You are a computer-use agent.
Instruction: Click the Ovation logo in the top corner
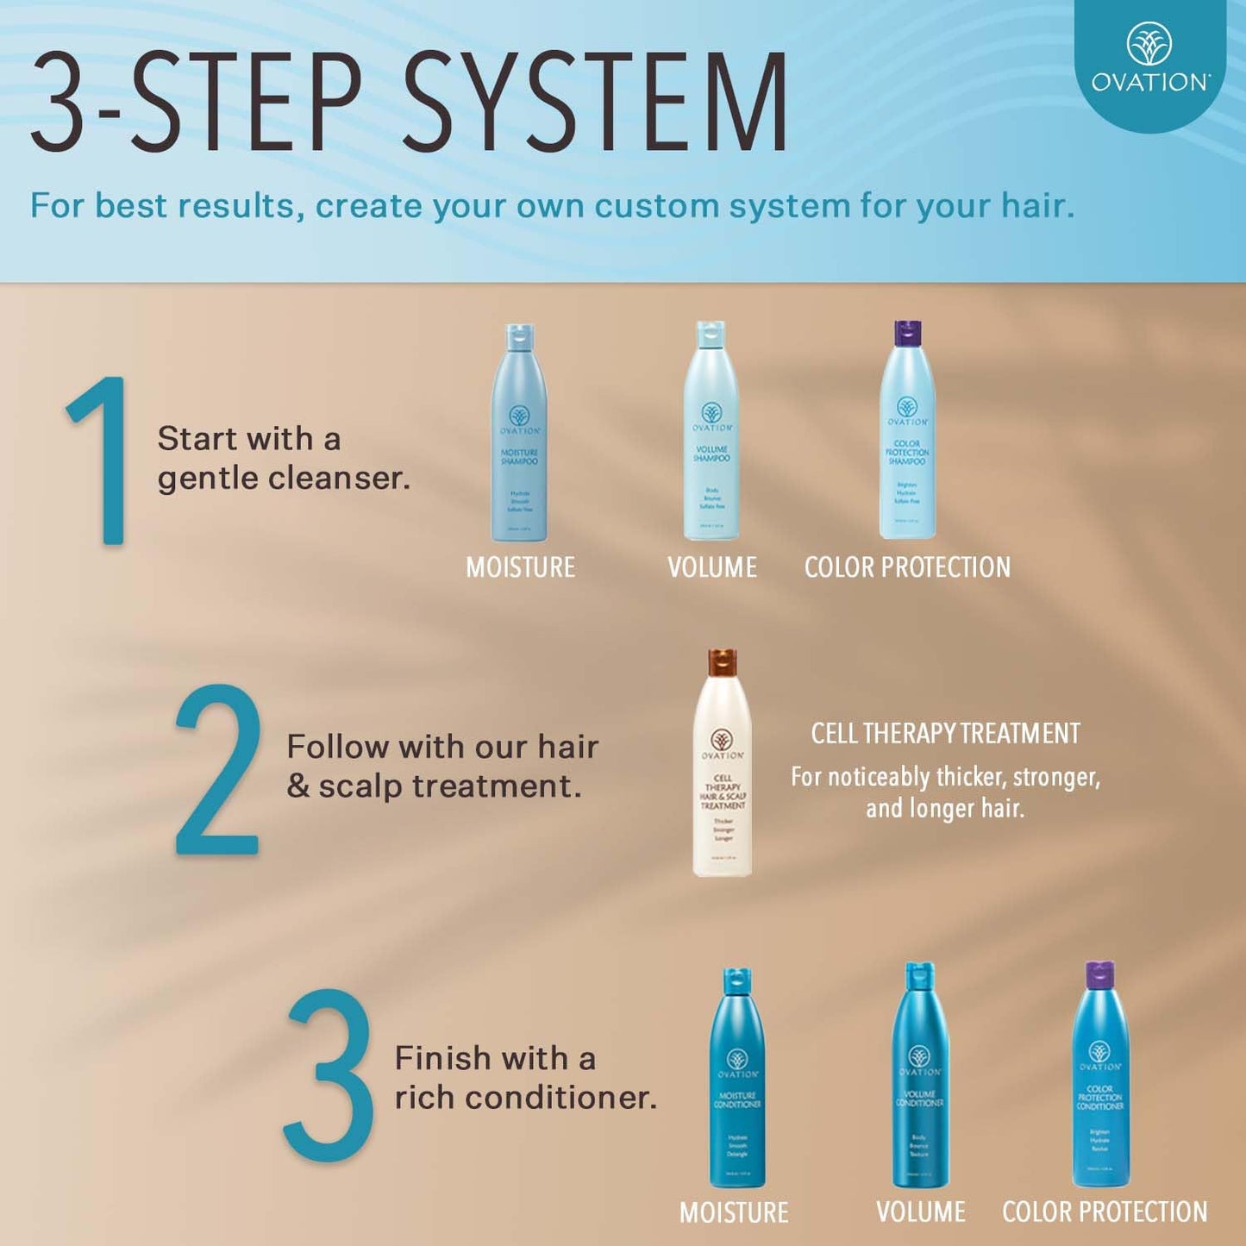(x=1150, y=59)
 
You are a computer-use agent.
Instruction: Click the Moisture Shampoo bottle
(x=519, y=435)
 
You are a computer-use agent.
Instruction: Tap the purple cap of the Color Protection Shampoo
(x=907, y=332)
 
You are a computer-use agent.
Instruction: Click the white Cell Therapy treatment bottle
(x=723, y=776)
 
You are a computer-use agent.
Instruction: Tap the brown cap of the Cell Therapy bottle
(x=723, y=661)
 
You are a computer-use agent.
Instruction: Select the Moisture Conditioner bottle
(x=737, y=1082)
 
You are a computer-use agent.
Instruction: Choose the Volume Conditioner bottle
(x=920, y=1078)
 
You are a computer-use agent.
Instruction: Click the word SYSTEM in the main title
(x=595, y=102)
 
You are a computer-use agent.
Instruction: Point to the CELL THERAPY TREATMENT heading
(x=945, y=734)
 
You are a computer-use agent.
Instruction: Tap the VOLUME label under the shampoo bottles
(x=712, y=567)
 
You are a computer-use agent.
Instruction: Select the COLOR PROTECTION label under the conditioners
(x=1105, y=1212)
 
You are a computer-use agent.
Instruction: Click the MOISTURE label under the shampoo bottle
(x=520, y=567)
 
